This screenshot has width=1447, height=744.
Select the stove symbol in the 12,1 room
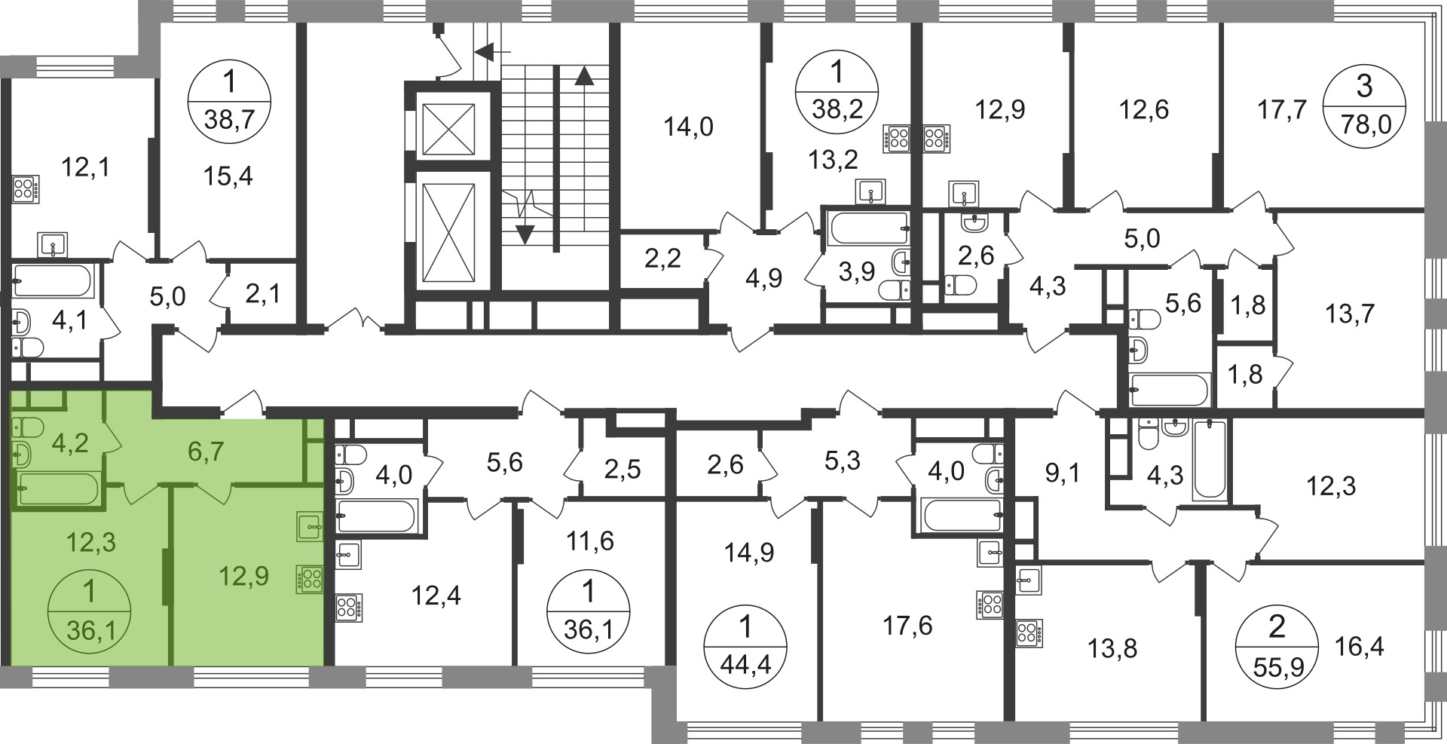[26, 188]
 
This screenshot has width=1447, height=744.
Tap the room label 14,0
[688, 127]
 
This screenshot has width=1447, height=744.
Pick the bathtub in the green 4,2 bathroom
[57, 488]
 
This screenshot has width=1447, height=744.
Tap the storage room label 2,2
[663, 259]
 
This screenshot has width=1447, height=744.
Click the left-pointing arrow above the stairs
[492, 52]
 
